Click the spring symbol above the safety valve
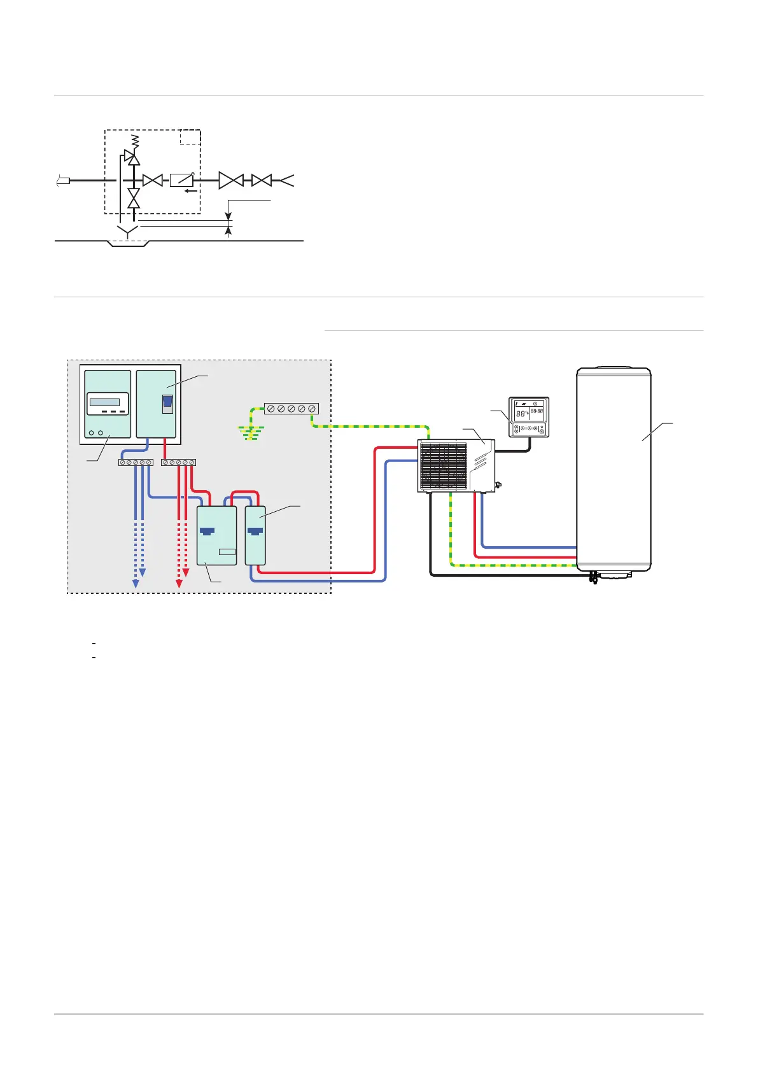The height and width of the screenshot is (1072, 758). click(x=134, y=141)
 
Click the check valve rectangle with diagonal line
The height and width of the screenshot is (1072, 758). click(x=181, y=181)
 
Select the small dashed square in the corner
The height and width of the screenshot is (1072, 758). click(x=190, y=137)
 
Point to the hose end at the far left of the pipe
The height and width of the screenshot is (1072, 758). click(x=62, y=181)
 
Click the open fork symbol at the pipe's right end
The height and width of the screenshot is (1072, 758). click(x=286, y=181)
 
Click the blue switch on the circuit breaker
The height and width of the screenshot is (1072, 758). click(x=167, y=404)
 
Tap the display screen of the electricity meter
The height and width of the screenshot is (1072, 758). click(x=104, y=402)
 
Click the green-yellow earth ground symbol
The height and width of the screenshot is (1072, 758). click(x=251, y=434)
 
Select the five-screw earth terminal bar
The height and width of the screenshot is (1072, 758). click(x=291, y=409)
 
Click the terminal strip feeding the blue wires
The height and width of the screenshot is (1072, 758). click(x=136, y=462)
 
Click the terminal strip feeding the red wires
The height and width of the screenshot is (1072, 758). click(x=178, y=462)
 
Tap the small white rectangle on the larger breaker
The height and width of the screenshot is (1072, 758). click(x=227, y=551)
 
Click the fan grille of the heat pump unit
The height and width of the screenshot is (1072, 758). click(x=444, y=466)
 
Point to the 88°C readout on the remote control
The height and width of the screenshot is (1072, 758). click(x=522, y=413)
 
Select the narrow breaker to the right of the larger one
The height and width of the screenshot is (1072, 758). click(x=255, y=535)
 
